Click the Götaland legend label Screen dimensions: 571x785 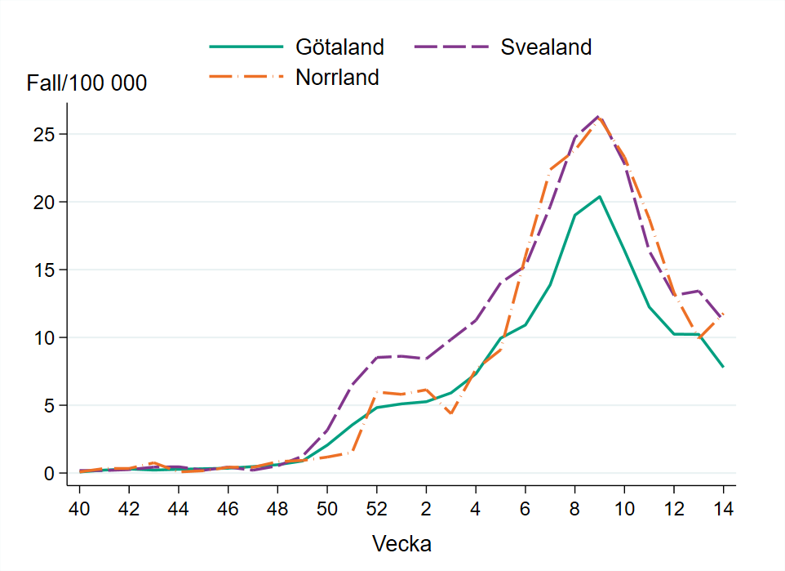339,47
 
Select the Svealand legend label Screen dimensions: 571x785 546,47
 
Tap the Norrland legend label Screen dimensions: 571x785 337,78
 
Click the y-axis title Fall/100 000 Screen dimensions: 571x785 86,83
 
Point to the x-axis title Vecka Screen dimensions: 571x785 401,543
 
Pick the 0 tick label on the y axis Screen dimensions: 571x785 51,473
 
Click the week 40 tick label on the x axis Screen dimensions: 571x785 79,508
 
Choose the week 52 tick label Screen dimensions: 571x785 376,508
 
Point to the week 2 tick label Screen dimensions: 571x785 426,508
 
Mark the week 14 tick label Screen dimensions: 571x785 723,508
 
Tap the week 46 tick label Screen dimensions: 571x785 228,508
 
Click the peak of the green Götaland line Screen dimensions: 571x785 600,196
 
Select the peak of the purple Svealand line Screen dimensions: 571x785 598,117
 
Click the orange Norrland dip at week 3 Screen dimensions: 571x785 450,414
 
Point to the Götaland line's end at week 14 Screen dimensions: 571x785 723,368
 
